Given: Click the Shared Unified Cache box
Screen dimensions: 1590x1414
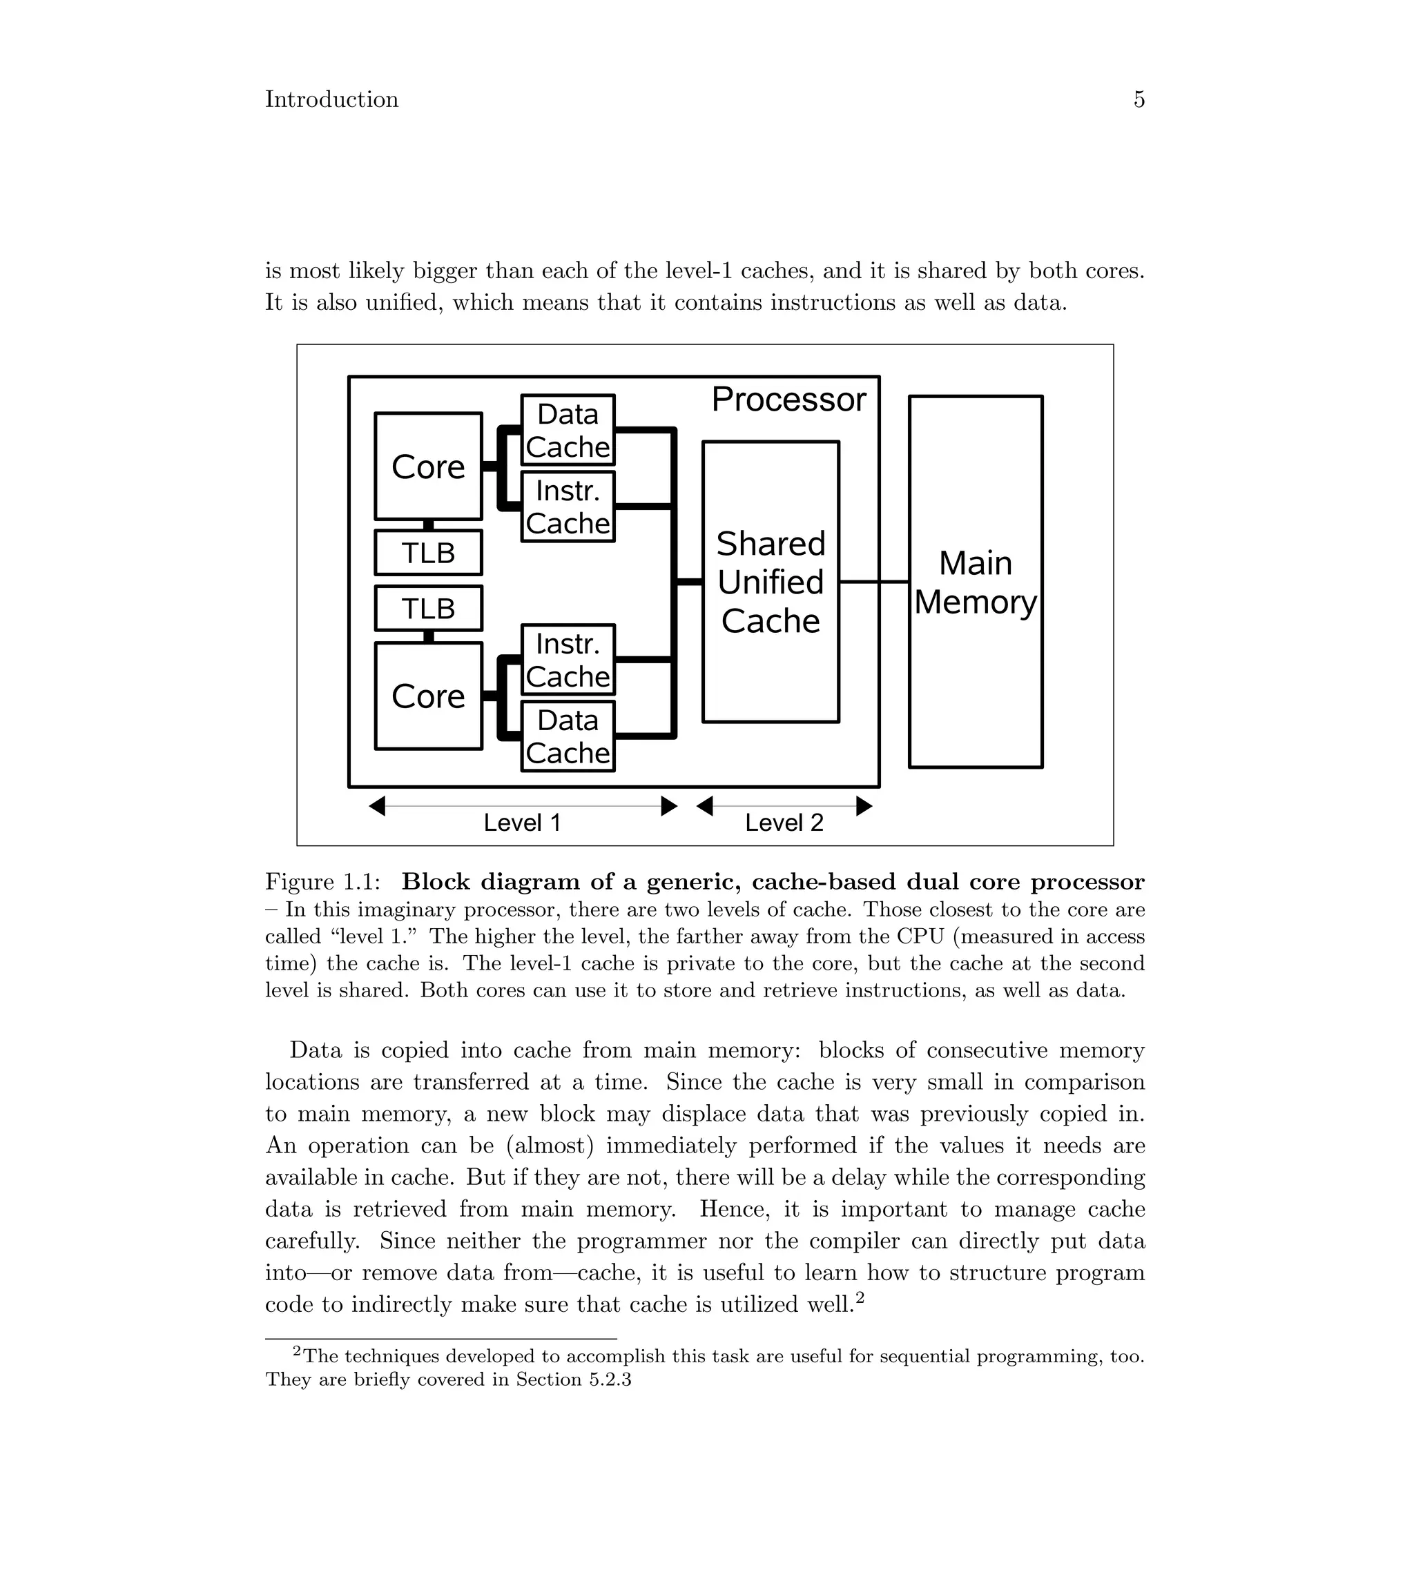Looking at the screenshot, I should pos(770,581).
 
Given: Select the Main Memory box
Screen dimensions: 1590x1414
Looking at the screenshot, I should pos(975,581).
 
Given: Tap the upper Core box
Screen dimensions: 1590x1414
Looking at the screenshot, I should pos(428,466).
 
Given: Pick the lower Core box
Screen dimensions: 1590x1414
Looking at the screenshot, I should pos(428,696).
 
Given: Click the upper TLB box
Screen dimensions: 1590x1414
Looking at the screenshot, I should pos(428,552).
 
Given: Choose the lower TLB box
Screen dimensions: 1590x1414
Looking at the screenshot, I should pos(428,607).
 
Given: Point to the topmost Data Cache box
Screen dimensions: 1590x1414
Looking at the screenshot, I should pos(568,429).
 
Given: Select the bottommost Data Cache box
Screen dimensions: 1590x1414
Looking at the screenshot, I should pos(568,736).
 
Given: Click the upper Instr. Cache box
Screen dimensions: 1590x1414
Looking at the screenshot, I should pos(568,506).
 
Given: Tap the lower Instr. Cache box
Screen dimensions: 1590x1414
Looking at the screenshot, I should pos(568,659).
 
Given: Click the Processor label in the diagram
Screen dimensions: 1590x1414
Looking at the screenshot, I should pos(788,399).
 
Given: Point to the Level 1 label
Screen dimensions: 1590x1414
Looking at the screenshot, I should pos(522,822).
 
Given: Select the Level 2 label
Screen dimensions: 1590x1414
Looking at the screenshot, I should pos(784,822).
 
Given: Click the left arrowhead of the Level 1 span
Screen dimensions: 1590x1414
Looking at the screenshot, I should pos(377,806).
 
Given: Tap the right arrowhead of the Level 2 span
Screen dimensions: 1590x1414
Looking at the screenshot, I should pos(864,806).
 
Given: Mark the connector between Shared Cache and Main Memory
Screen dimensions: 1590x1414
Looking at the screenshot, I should pos(874,581).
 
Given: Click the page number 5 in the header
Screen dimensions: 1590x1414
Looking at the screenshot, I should pos(1139,99).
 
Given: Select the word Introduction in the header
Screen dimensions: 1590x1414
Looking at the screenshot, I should pos(331,99).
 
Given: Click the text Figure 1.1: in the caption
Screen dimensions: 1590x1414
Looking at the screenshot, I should pos(323,882).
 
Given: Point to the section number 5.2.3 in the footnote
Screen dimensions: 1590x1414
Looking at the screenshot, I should pos(610,1380).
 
